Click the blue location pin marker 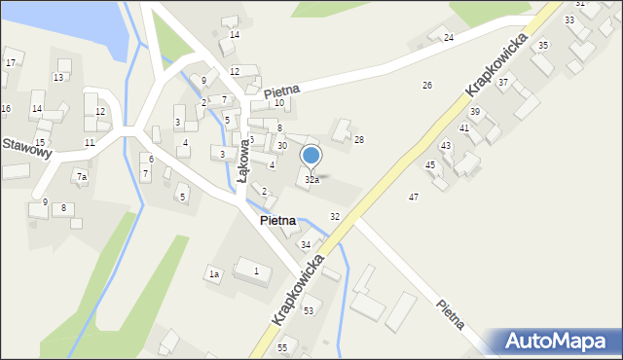coord(311,156)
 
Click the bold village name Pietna coord(277,221)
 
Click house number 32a coord(311,180)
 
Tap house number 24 coord(449,38)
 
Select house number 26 coord(426,86)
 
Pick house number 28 coord(359,140)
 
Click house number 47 coord(414,198)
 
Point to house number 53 coord(309,310)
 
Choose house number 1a coord(214,274)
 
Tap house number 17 coord(10,62)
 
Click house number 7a coord(82,177)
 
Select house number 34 coord(306,244)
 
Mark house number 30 coord(282,146)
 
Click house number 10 coord(279,102)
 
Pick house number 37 coord(503,83)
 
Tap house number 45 coord(430,164)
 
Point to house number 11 coord(90,143)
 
